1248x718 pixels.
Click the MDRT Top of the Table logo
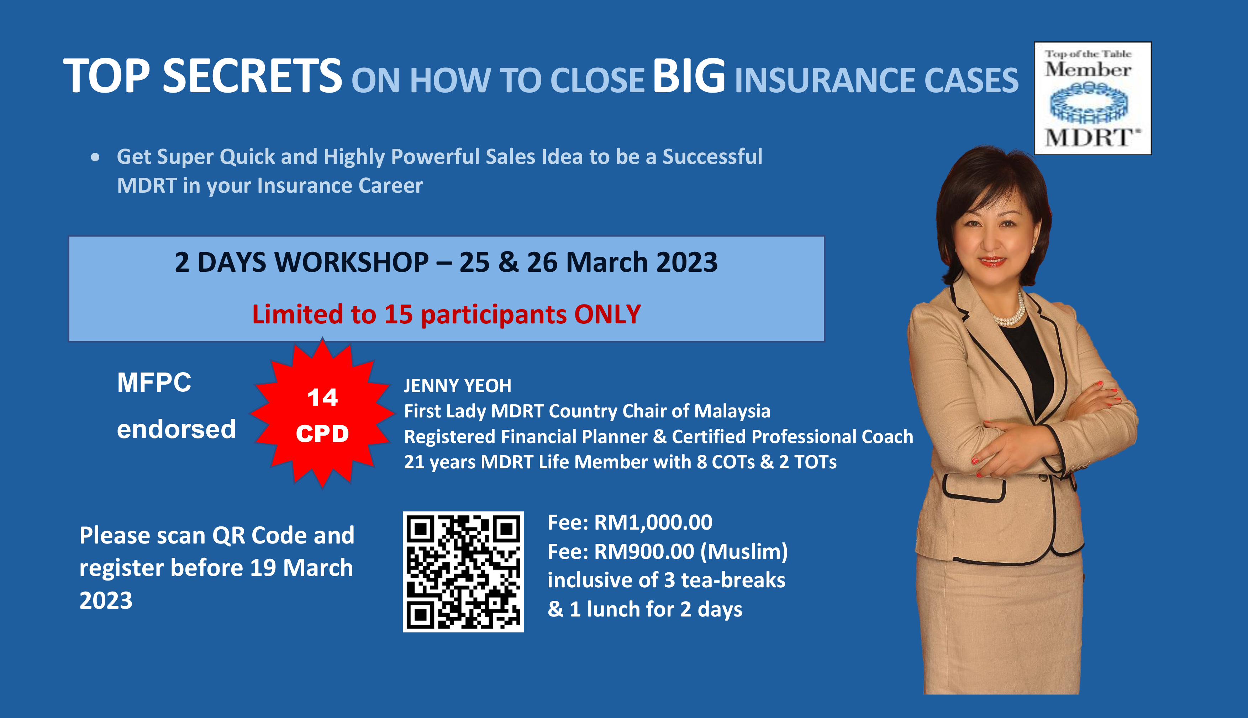[1092, 98]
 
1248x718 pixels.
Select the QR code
[463, 572]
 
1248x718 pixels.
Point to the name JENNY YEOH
[458, 386]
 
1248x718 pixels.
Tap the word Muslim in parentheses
[744, 552]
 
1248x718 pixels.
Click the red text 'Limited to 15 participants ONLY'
[446, 314]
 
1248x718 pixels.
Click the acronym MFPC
[154, 382]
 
